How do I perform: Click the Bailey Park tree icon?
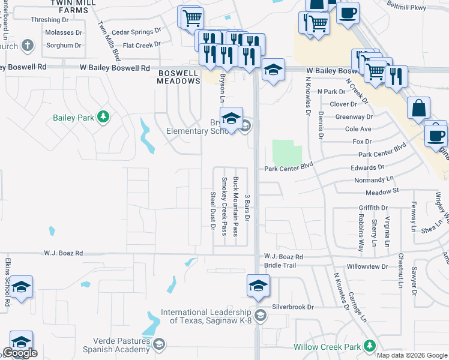point(103,117)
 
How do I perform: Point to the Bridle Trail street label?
point(280,265)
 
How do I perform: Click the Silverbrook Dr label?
point(293,307)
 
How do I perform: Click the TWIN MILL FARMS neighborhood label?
point(74,6)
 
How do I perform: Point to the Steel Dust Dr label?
point(212,211)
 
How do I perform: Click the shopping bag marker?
point(418,109)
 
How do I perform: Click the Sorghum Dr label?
point(64,46)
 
